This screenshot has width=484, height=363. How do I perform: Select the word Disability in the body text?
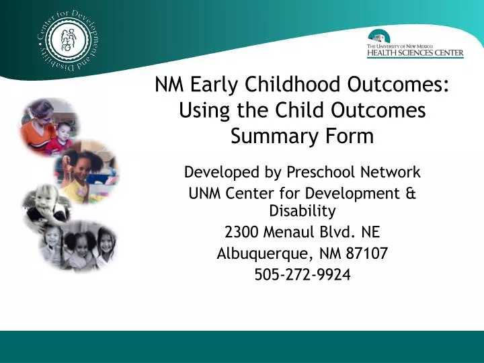(x=302, y=211)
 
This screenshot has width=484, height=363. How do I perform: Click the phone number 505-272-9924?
(x=302, y=274)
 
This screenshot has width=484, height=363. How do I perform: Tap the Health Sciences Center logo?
(x=415, y=45)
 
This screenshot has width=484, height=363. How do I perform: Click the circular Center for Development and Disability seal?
(x=66, y=44)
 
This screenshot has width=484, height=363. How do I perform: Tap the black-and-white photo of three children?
(x=87, y=244)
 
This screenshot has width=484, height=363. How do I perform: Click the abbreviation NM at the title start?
(x=168, y=85)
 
